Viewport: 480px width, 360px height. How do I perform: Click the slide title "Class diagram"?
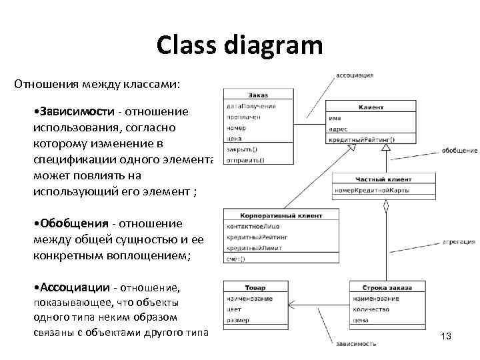240,45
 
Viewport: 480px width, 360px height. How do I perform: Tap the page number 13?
446,337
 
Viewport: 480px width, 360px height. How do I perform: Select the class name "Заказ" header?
257,95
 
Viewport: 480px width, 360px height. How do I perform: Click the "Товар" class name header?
255,288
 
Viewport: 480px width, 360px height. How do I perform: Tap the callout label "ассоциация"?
354,75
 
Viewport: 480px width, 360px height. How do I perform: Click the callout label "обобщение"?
459,151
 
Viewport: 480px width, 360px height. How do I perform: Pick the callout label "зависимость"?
356,344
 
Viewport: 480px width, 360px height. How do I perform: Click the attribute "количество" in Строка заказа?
372,309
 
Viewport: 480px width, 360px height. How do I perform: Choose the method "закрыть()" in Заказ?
243,149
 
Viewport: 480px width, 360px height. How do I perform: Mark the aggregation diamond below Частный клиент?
385,207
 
